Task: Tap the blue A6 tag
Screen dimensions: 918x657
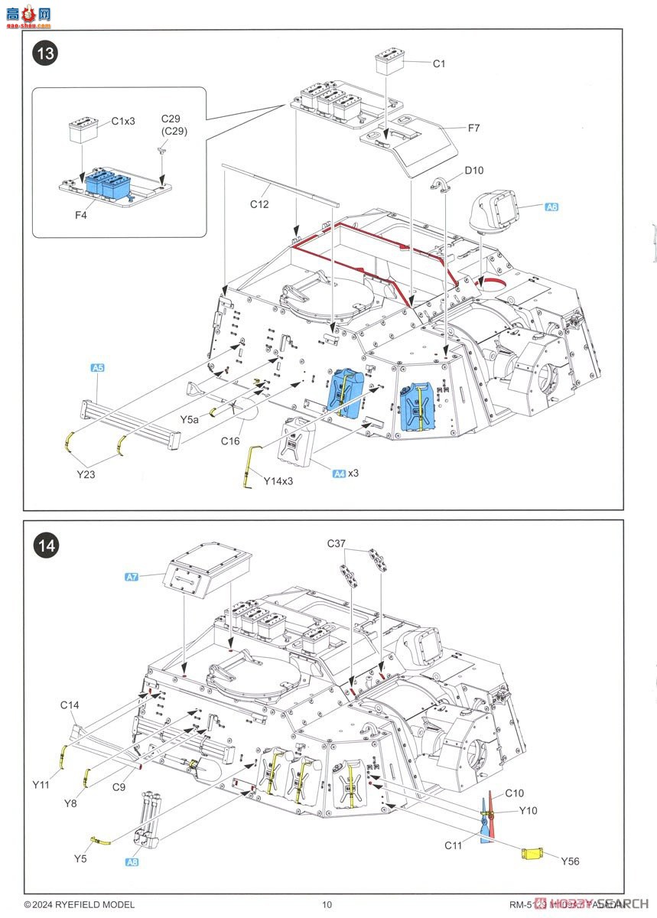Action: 551,207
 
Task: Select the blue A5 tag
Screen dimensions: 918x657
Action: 97,368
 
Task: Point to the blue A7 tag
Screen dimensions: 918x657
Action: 131,576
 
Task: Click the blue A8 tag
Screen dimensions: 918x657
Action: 132,861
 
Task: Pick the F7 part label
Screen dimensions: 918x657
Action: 473,128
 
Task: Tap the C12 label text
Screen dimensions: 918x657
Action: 260,204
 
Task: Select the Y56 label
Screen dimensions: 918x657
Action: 570,861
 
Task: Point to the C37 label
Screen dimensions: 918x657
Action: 337,543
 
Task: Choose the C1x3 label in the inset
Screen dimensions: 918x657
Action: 123,121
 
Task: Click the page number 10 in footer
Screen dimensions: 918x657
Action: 327,905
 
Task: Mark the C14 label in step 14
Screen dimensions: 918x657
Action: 70,705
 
